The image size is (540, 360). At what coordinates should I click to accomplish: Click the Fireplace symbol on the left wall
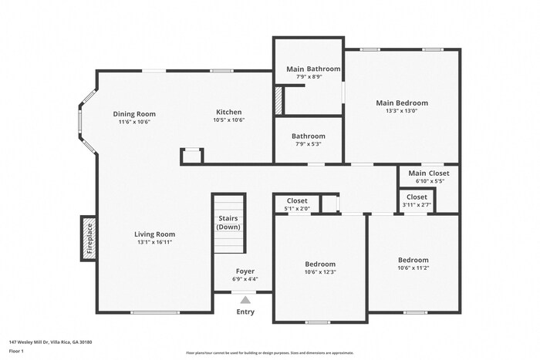88,238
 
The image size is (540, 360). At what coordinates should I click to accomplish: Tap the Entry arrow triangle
245,300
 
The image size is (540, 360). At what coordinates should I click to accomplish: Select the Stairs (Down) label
228,223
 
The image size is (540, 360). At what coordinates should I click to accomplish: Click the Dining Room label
134,113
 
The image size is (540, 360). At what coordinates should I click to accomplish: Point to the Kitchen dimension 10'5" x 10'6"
228,120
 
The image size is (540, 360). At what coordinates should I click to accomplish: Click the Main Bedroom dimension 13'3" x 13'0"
401,110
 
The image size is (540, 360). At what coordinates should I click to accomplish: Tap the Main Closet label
429,173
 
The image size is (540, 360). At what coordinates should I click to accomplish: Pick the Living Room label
155,234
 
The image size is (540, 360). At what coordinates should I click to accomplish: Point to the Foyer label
245,271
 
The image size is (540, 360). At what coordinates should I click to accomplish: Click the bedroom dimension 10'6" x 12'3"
320,271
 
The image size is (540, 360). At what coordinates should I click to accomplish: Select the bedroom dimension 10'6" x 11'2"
413,267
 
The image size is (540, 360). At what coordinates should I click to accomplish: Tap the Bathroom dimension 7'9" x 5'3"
309,143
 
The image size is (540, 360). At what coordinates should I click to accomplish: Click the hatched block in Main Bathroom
279,102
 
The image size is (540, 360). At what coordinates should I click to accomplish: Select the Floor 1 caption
16,351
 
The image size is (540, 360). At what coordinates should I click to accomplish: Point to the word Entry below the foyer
245,311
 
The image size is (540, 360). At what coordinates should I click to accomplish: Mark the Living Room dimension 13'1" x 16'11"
155,242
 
